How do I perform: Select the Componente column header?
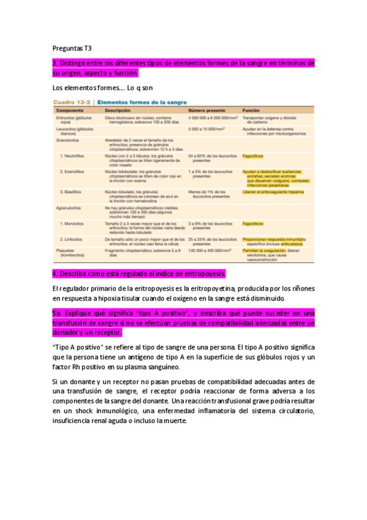69,110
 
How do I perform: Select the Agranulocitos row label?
73,209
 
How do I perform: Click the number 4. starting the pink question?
55,273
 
